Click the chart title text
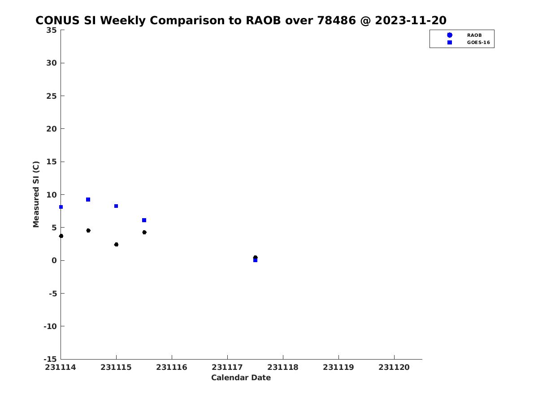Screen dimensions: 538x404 241,20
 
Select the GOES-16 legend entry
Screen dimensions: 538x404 468,43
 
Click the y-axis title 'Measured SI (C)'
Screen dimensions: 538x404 36,194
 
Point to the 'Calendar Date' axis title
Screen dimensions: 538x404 241,378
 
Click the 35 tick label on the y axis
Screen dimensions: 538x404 52,30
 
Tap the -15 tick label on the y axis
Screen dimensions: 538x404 50,359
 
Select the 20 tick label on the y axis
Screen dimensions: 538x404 52,129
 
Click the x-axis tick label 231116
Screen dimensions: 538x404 172,367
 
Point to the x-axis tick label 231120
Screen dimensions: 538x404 394,367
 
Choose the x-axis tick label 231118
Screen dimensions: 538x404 283,367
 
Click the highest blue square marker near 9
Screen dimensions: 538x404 88,199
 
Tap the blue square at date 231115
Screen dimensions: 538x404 116,206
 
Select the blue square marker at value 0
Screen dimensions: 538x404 255,260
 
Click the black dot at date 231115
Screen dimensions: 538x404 116,244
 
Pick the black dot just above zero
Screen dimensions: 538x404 255,257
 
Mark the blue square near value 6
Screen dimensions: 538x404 144,220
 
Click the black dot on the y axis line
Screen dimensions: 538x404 61,236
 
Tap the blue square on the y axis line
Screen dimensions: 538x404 61,207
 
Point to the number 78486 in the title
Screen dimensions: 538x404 336,20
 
